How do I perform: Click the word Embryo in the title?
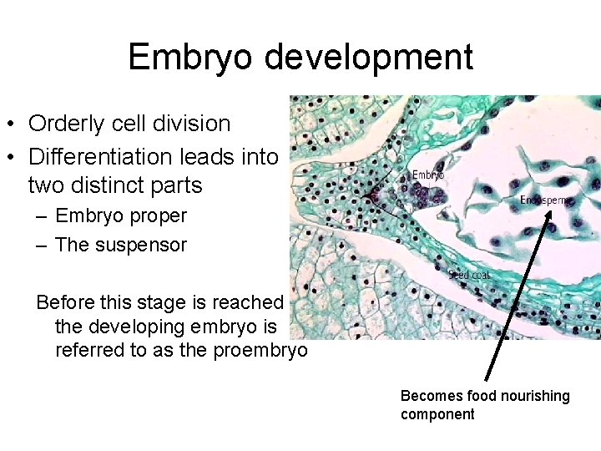coord(193,58)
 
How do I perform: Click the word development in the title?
coord(370,58)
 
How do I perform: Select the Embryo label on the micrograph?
coord(428,175)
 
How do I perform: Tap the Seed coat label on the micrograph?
coord(469,274)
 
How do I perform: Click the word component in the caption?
coord(437,414)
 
